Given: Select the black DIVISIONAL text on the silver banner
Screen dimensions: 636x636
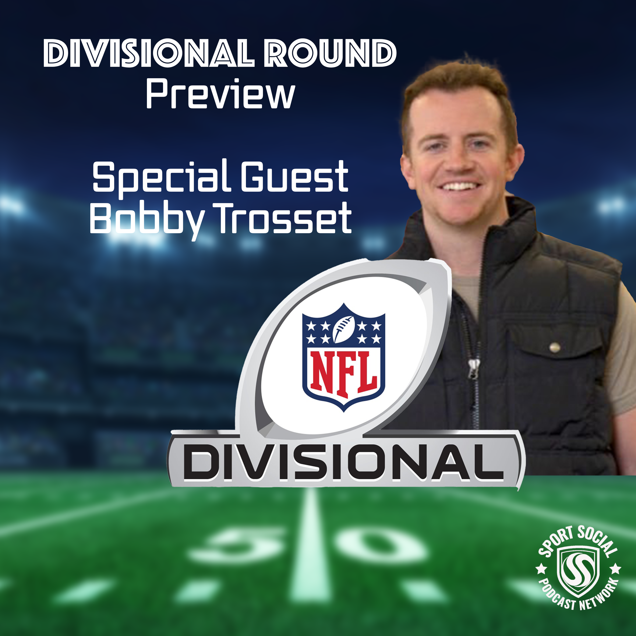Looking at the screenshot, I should coord(343,463).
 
